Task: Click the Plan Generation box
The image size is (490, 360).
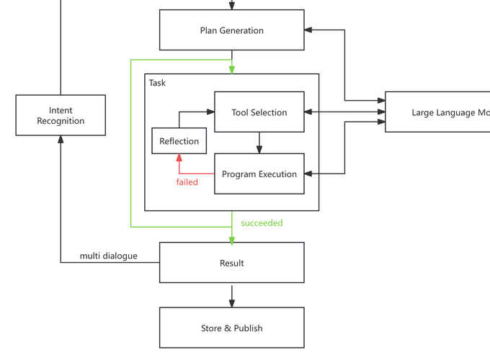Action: (x=231, y=31)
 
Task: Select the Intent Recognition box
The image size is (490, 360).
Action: (x=61, y=116)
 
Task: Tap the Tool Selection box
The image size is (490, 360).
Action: (x=259, y=112)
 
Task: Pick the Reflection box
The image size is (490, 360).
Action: (x=179, y=141)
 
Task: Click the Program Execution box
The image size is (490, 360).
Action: (x=259, y=174)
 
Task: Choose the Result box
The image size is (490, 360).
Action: (x=231, y=263)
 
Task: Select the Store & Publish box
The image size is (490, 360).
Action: (x=231, y=328)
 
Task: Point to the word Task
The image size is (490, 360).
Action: (x=157, y=83)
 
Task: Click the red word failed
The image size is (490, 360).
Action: (x=187, y=182)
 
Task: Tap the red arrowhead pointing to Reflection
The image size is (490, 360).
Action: (x=179, y=158)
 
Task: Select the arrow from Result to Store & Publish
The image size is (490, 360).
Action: (x=231, y=294)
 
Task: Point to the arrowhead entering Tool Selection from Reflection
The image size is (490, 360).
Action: (x=211, y=112)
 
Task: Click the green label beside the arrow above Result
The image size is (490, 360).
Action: (x=261, y=223)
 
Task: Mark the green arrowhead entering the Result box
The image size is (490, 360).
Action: (x=231, y=238)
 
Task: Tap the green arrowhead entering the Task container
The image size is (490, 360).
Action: (x=231, y=68)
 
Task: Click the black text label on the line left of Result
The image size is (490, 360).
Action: (x=109, y=256)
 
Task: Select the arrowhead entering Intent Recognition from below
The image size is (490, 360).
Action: (x=61, y=141)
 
